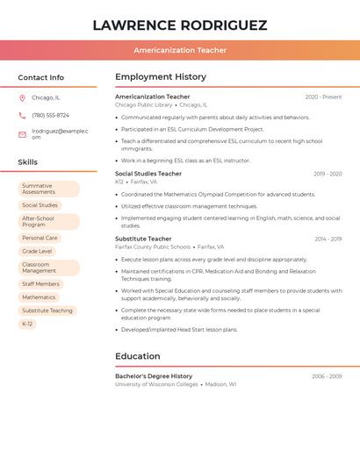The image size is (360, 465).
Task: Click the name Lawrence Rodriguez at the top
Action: point(180,25)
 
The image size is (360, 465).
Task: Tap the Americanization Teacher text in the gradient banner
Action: point(180,50)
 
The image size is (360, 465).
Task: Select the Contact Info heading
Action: point(41,77)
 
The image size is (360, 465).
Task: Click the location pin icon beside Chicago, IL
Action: point(22,98)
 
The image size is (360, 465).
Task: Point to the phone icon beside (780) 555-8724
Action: point(22,116)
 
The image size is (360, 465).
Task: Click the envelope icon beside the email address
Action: point(22,134)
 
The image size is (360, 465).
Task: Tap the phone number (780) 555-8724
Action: point(50,116)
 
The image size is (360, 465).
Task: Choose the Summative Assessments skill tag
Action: point(48,190)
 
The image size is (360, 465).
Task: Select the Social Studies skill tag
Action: point(40,205)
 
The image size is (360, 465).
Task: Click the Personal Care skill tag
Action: point(40,238)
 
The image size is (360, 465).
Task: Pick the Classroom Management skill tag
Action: point(48,268)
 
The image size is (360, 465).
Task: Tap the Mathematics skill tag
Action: point(39,297)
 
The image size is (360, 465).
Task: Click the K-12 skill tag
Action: point(27,324)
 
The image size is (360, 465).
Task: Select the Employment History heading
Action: point(161,77)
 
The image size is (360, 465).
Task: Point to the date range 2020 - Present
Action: point(323,97)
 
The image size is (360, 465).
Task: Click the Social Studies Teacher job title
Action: point(148,174)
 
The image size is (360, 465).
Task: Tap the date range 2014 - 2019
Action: point(328,239)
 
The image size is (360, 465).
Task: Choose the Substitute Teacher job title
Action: point(143,239)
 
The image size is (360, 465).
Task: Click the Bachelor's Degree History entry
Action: point(154,376)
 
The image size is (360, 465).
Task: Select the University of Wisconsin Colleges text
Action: point(156,384)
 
